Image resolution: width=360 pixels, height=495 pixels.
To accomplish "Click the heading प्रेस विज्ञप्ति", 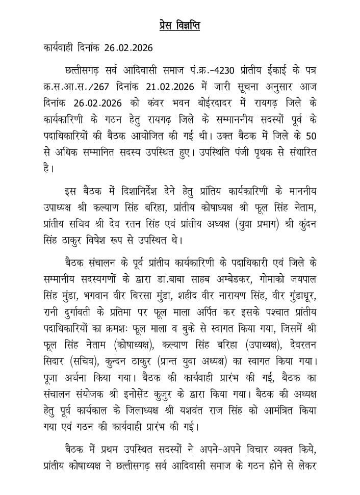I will [176, 26].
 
